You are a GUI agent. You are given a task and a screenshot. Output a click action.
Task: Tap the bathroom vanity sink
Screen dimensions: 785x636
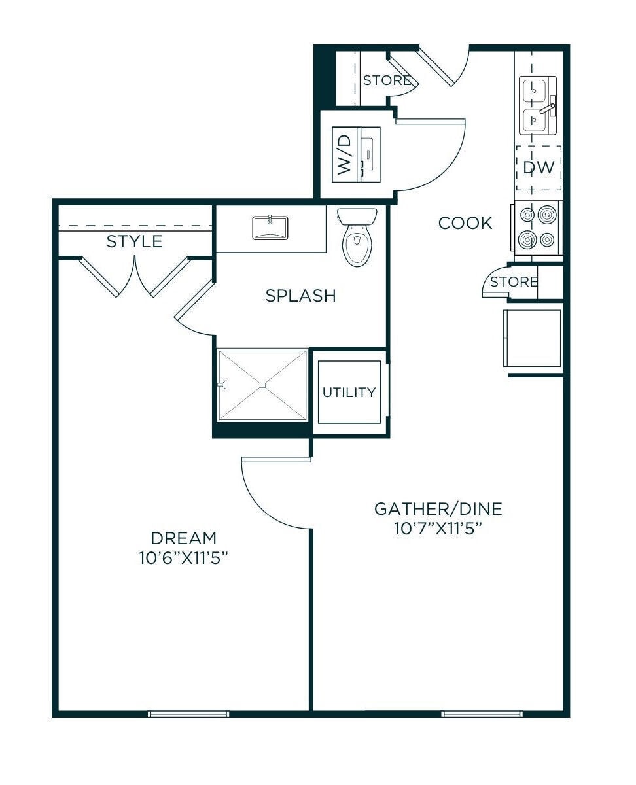click(270, 228)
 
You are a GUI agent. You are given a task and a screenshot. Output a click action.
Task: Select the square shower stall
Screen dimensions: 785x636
click(262, 385)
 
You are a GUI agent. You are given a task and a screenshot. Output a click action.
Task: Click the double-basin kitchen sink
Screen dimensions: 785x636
click(537, 105)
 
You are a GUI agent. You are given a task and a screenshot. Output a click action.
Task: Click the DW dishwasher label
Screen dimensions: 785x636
click(539, 167)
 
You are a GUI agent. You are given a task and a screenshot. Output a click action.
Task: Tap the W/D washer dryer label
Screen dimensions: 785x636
click(344, 154)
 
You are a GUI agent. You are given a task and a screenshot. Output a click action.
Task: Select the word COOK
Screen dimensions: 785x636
click(465, 223)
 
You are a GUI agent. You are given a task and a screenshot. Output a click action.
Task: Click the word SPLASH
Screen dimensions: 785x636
click(300, 296)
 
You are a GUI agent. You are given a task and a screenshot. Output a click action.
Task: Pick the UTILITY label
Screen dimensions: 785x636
click(349, 392)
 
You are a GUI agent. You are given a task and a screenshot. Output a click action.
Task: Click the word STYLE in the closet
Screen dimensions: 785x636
click(135, 241)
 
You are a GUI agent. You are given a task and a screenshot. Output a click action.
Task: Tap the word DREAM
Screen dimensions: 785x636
click(183, 538)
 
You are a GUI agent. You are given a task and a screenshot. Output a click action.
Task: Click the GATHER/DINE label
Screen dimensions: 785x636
click(438, 509)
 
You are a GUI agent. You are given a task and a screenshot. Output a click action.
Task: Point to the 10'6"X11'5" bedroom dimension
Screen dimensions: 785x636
click(183, 559)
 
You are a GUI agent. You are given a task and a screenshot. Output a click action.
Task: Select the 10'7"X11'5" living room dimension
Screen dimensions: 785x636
click(438, 529)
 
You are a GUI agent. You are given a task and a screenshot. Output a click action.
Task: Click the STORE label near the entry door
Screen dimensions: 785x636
click(387, 80)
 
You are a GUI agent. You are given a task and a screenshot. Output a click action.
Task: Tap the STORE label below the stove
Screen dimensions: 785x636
click(514, 282)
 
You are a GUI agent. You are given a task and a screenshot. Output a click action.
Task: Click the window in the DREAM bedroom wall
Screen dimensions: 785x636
click(188, 714)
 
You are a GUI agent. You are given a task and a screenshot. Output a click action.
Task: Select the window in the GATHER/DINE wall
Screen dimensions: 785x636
click(482, 714)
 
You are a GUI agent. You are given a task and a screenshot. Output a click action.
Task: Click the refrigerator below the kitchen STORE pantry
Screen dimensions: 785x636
click(533, 338)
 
